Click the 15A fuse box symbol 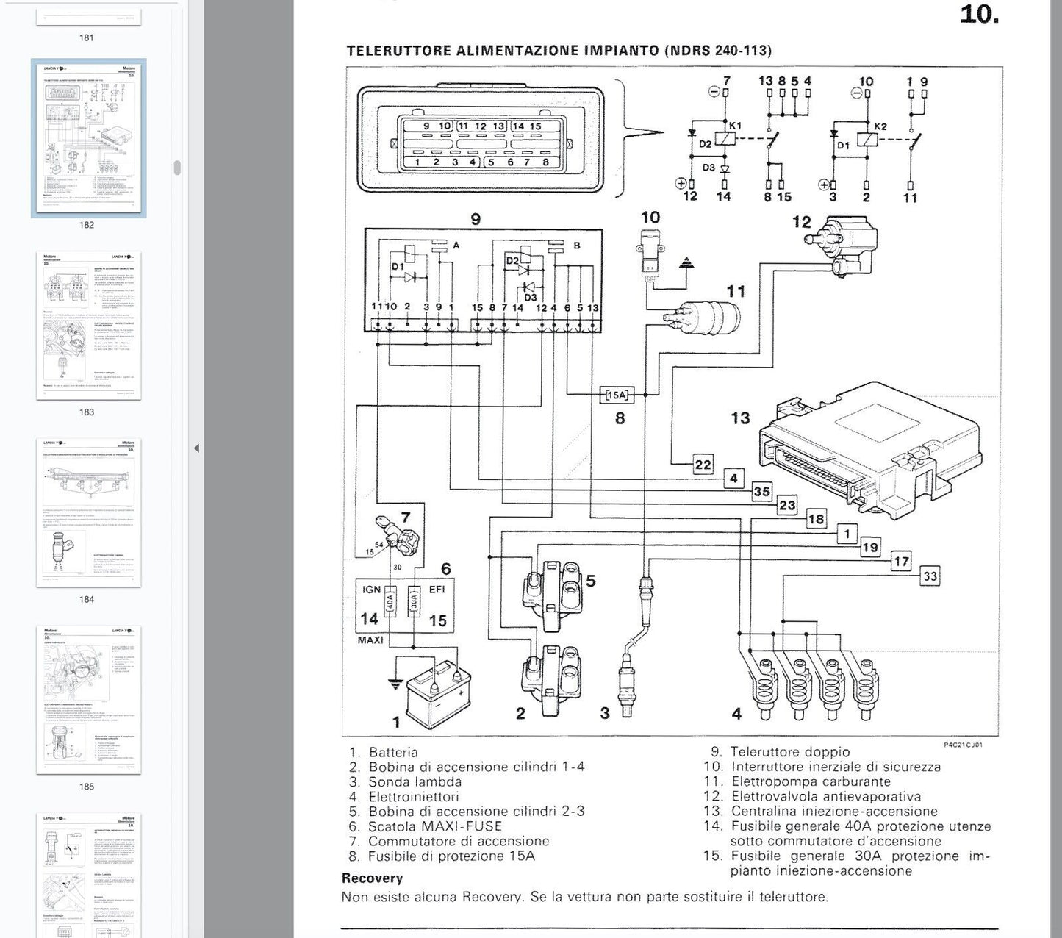pos(617,395)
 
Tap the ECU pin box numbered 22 pos(703,464)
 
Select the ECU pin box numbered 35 pos(762,492)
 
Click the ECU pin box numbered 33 pos(930,576)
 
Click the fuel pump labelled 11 pos(705,318)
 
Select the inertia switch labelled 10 pos(650,254)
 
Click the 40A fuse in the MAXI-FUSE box pos(391,604)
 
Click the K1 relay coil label pos(735,126)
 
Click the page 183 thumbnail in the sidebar pos(89,326)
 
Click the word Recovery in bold pos(372,878)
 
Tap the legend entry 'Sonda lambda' pos(415,781)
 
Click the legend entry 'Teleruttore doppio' pos(790,752)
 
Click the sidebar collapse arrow pos(196,448)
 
